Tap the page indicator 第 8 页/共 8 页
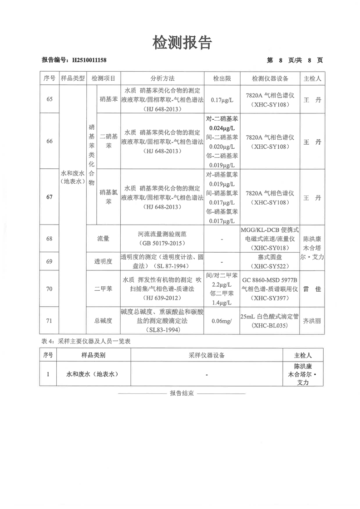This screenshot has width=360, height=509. click(295, 60)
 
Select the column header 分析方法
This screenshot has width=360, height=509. click(162, 78)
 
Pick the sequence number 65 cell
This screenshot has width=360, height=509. click(49, 99)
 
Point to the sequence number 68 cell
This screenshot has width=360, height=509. click(49, 238)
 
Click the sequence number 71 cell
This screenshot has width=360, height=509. click(49, 320)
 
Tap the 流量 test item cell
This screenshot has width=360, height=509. click(103, 238)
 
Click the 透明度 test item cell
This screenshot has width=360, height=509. click(103, 261)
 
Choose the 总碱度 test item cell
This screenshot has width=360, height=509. click(103, 320)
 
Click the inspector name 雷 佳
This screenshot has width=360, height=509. click(312, 289)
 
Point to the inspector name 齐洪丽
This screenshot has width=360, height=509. click(312, 320)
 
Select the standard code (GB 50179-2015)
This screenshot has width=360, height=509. click(162, 243)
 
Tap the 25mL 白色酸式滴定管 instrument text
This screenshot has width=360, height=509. click(270, 316)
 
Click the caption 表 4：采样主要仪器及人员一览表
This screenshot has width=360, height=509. click(85, 341)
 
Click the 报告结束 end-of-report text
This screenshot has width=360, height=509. click(182, 393)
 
